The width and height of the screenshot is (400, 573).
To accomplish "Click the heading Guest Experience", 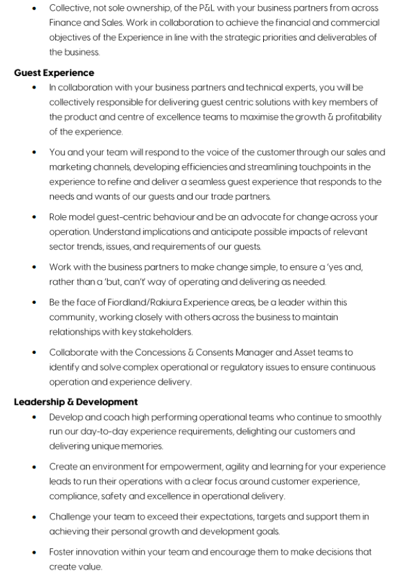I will pos(54,73).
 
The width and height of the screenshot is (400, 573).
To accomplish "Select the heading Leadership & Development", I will pos(76,402).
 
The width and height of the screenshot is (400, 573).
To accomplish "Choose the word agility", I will pos(235,467).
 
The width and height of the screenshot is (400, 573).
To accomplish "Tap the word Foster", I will pos(63,552).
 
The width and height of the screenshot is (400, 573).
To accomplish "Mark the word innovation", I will pos(103,552).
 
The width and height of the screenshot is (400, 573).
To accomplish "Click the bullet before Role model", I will pos(33,217).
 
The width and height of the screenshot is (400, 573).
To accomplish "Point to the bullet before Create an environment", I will pos(33,467).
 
